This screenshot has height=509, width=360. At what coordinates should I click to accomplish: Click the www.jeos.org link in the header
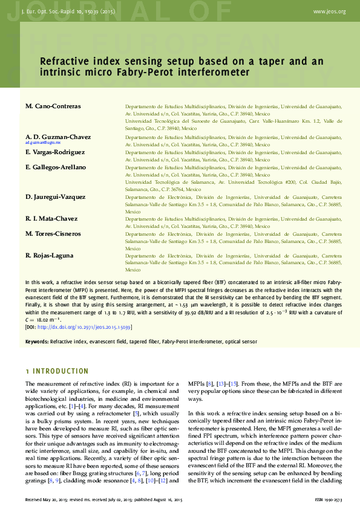click(x=330, y=11)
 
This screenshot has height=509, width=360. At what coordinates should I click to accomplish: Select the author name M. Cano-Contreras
click(x=53, y=106)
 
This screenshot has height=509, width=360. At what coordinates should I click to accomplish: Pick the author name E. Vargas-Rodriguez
click(x=55, y=152)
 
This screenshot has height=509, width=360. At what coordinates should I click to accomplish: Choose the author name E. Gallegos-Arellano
click(x=56, y=167)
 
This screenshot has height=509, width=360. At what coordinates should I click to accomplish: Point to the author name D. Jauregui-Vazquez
click(x=55, y=197)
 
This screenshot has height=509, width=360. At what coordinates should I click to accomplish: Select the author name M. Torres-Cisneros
click(x=53, y=233)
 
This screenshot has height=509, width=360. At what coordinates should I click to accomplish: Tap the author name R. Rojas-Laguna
click(x=49, y=256)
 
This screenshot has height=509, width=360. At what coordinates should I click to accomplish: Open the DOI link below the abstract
click(x=84, y=327)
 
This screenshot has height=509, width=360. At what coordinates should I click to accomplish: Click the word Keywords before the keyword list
click(x=37, y=342)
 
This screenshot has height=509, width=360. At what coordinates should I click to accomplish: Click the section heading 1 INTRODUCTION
click(x=57, y=371)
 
